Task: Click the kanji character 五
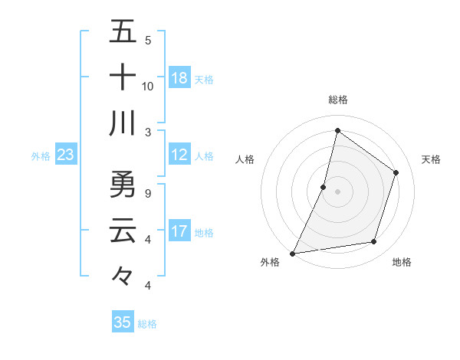click(x=123, y=32)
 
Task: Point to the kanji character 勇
click(x=123, y=185)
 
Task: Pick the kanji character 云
click(x=123, y=230)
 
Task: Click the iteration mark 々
click(x=123, y=274)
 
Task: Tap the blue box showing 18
click(x=179, y=78)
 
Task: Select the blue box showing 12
click(x=179, y=155)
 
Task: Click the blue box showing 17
click(x=179, y=232)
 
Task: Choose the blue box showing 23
click(x=65, y=155)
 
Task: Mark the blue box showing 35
click(x=123, y=322)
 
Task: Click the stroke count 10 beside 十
click(x=148, y=86)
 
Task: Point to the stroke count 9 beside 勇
click(x=148, y=193)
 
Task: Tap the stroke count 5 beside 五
click(x=148, y=41)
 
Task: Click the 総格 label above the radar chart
click(x=337, y=100)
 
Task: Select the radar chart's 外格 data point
click(x=292, y=253)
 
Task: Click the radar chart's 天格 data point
click(x=396, y=172)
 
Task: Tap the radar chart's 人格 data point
click(x=324, y=187)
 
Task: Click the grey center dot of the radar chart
click(x=337, y=191)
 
